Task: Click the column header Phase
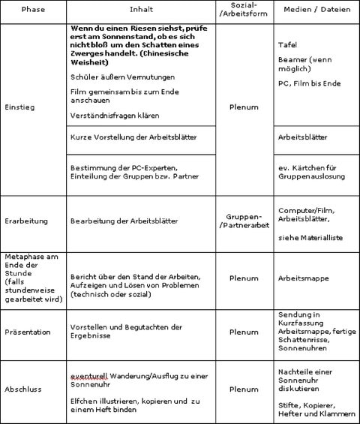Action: click(x=32, y=11)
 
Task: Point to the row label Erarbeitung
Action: click(x=27, y=222)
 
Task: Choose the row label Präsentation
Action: click(x=28, y=331)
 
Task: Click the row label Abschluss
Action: click(x=24, y=389)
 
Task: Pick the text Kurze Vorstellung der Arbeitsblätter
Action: click(x=125, y=138)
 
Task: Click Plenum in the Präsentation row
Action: click(x=244, y=331)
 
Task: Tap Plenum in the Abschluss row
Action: click(x=244, y=389)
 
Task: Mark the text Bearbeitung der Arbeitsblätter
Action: click(x=122, y=222)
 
